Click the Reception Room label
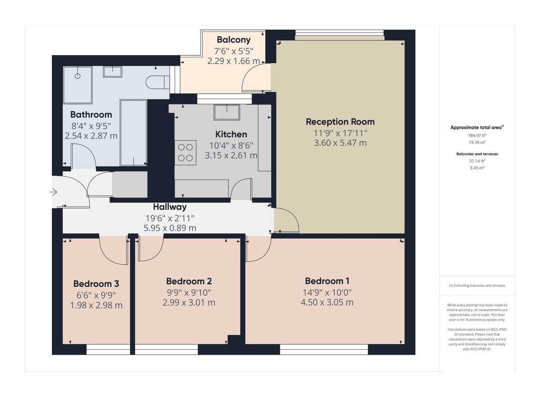[x=340, y=122]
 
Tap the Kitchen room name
[x=231, y=134]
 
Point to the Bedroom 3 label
[x=96, y=284]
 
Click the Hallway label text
[x=170, y=207]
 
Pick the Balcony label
[x=234, y=39]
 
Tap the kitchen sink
[x=227, y=112]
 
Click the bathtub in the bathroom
[x=133, y=133]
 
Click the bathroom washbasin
[x=112, y=72]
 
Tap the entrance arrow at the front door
[x=53, y=193]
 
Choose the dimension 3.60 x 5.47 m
[x=340, y=143]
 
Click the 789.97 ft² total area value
[x=477, y=135]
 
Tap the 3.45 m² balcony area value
[x=477, y=168]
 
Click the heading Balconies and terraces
[x=477, y=154]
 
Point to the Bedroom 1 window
[x=324, y=349]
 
